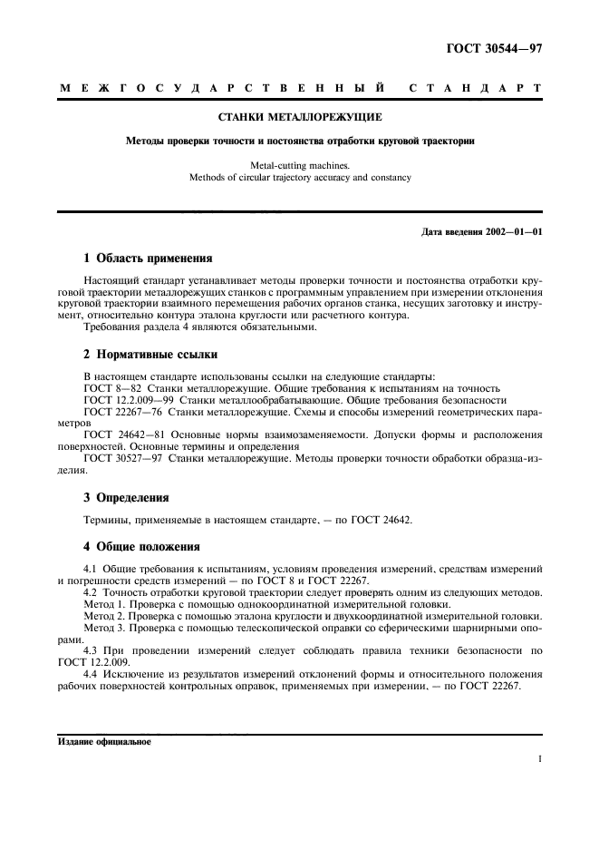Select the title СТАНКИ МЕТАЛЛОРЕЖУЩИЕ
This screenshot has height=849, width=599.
click(300, 117)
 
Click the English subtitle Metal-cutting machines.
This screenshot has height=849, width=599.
click(300, 165)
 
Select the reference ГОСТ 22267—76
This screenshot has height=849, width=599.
click(118, 411)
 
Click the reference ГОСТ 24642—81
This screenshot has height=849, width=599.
click(119, 434)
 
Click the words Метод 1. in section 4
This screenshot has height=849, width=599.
click(106, 603)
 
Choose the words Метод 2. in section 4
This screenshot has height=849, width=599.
click(106, 615)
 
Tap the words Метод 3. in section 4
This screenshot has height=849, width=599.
click(106, 627)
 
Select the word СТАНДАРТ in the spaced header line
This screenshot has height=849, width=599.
click(476, 88)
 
